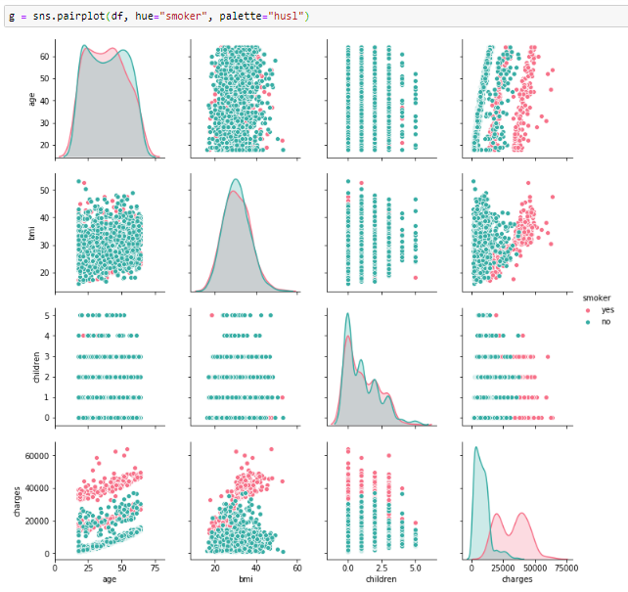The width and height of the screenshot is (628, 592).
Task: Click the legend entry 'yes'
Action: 607,309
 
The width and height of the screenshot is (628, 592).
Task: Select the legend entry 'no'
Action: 606,321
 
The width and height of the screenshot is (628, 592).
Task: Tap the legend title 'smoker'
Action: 598,296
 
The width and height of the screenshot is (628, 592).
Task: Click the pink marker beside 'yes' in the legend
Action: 589,309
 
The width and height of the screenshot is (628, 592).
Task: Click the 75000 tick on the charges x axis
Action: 562,567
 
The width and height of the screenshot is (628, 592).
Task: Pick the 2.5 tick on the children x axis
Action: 381,567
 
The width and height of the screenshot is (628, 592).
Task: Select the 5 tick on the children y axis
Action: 45,315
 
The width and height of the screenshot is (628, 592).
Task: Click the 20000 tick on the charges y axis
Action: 38,521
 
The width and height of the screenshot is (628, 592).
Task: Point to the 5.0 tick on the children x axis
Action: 416,567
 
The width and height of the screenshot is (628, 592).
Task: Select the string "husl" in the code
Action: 289,16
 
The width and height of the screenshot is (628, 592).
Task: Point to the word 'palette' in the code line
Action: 240,16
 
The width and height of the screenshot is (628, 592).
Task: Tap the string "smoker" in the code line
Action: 182,16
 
